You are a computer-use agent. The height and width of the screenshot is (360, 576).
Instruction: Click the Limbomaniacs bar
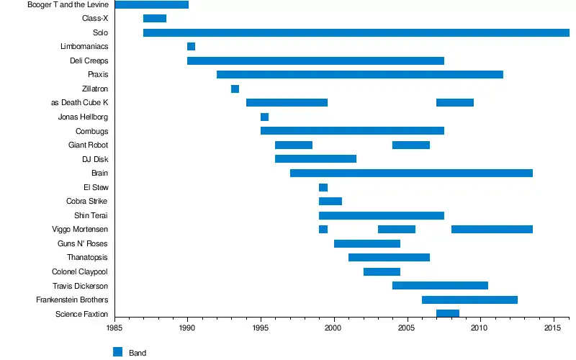click(191, 47)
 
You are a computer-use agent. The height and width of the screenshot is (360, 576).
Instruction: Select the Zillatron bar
click(235, 89)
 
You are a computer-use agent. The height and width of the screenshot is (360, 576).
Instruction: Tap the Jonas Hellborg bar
click(264, 117)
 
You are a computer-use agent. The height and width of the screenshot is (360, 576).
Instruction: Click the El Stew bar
click(323, 187)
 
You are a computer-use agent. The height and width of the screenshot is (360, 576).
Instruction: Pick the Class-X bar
click(155, 19)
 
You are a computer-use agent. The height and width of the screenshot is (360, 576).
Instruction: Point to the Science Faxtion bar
click(448, 313)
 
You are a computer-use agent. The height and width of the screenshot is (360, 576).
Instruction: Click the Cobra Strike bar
click(330, 201)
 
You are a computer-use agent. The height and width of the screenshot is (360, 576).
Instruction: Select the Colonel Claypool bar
click(382, 271)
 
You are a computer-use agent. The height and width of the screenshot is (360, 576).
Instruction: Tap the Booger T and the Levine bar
click(151, 5)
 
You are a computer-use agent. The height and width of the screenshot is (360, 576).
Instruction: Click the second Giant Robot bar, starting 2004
click(411, 145)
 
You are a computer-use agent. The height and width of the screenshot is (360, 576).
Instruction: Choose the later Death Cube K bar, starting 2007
click(455, 103)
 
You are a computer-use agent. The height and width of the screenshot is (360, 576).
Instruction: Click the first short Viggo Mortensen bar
click(323, 229)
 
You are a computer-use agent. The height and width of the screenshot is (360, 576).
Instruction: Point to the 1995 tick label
click(261, 328)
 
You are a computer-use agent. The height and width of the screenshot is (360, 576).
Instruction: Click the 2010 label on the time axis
click(479, 328)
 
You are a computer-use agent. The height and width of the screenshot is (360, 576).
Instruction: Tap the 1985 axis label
click(114, 328)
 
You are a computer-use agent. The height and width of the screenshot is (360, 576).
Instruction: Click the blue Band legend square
click(118, 351)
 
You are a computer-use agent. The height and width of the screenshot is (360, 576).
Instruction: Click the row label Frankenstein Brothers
click(72, 300)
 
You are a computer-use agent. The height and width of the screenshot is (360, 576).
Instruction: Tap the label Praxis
click(98, 75)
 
